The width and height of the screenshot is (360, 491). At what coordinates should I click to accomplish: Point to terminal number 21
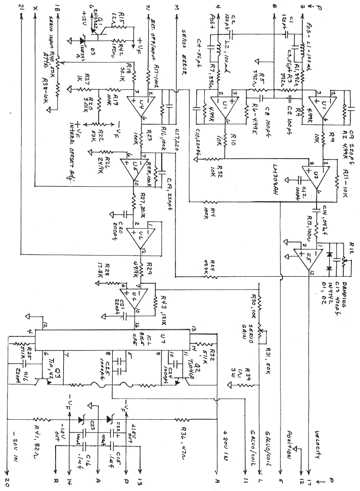[x=20, y=7]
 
